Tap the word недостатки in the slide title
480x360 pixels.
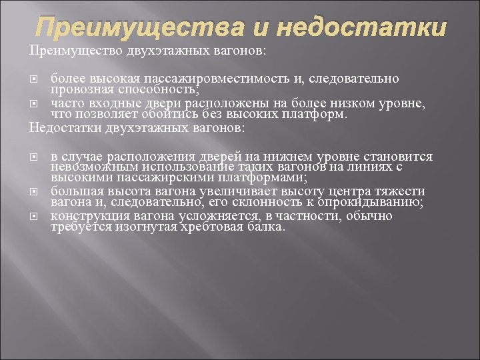pos(360,28)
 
